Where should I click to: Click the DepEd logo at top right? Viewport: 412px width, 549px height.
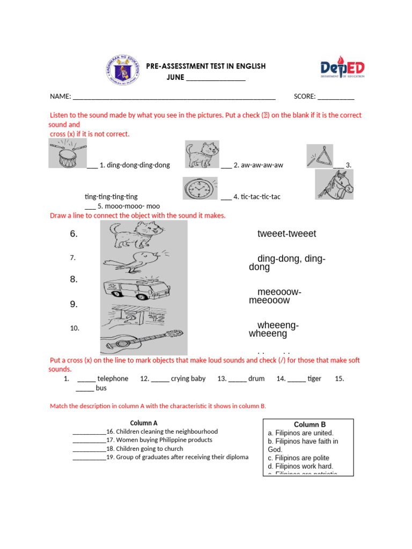[343, 69]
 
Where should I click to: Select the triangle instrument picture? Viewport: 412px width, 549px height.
[320, 156]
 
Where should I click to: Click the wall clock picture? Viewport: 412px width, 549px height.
[200, 189]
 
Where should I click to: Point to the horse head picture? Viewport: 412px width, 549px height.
[334, 184]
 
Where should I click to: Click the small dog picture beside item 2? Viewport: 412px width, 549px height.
[202, 155]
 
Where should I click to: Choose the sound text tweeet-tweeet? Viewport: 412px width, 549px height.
[286, 234]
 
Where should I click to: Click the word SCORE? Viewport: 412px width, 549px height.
[304, 97]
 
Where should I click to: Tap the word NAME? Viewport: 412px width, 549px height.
[60, 97]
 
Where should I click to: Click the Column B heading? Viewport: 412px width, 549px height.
[310, 424]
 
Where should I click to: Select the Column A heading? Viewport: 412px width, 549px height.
[144, 423]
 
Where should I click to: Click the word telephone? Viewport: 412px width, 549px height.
[113, 379]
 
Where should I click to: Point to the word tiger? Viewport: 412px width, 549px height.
[314, 379]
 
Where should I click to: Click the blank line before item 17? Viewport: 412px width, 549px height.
[89, 440]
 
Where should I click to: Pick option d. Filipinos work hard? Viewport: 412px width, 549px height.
[300, 466]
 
